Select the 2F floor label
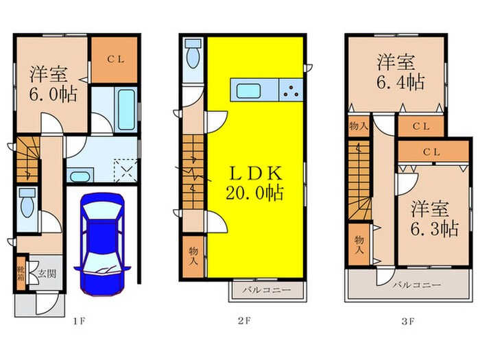click(x=243, y=320)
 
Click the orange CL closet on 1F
click(x=115, y=58)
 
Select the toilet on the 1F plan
click(x=27, y=203)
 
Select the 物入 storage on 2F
click(x=193, y=256)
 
